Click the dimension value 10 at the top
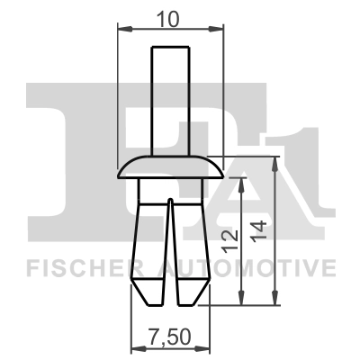170,19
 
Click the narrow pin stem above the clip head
170,99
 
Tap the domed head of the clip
170,166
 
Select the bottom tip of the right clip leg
193,300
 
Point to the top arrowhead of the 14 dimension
274,160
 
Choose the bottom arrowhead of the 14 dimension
274,302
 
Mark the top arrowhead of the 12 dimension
241,179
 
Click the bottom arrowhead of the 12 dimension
241,302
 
